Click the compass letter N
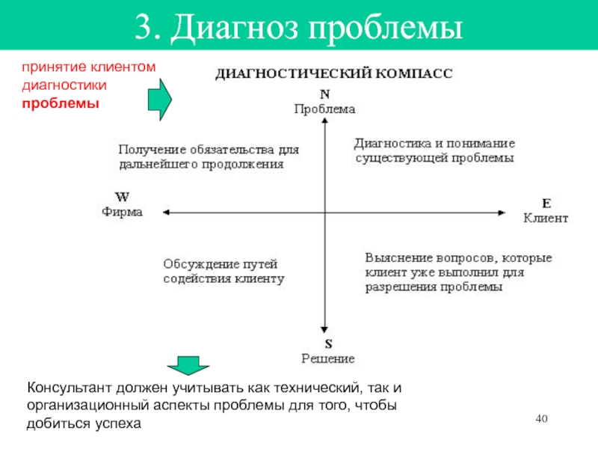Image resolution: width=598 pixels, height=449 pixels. coord(324,95)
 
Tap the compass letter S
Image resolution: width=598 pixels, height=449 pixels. coord(327,344)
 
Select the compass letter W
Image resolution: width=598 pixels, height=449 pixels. coord(121,198)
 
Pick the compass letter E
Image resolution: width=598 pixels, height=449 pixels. coord(546,204)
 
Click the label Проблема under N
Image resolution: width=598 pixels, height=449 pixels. coord(324,109)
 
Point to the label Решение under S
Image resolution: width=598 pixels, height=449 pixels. coord(327,358)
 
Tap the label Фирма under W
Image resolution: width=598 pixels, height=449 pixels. coord(121,212)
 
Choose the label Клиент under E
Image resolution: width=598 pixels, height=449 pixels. coord(546,219)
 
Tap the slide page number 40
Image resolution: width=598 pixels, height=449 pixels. coord(543,417)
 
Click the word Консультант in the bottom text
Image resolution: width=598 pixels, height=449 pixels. coord(73,388)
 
